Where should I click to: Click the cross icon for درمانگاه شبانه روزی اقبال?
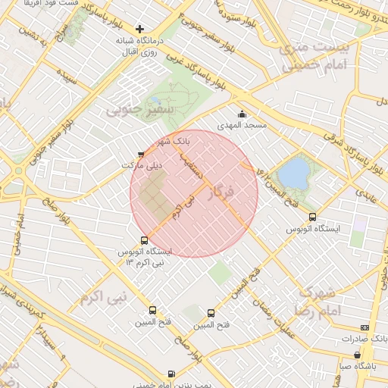(x=139, y=29)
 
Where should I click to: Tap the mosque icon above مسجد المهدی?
(x=242, y=114)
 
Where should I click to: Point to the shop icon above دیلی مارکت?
(x=141, y=154)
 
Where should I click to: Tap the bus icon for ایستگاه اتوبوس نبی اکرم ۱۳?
(x=145, y=241)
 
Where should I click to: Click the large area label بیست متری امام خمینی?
(x=313, y=58)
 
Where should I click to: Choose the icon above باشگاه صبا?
(x=358, y=355)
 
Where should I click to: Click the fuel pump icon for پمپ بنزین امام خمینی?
(x=171, y=374)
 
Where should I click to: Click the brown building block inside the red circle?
(x=155, y=194)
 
